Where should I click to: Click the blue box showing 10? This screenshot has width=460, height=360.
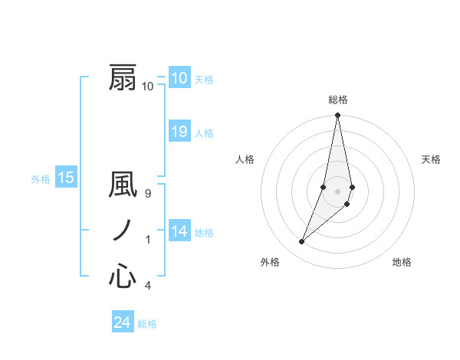[x=179, y=77]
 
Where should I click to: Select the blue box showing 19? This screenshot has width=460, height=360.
[x=179, y=132]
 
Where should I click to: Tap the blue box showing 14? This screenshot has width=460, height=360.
[x=179, y=231]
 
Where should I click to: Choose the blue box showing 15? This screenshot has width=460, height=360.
[x=66, y=178]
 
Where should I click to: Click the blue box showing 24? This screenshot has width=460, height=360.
[x=122, y=322]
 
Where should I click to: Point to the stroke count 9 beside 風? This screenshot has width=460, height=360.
[x=148, y=195]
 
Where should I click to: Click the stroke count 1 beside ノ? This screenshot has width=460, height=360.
[x=148, y=241]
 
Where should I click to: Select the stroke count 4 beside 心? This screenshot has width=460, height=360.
[x=148, y=286]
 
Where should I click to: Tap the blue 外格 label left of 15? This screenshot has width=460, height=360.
[x=41, y=179]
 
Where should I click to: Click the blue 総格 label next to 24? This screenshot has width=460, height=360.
[x=147, y=324]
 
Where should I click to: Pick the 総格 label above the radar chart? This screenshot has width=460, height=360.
[x=337, y=100]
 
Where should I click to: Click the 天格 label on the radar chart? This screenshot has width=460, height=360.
[x=431, y=159]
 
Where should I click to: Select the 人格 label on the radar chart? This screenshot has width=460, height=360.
[x=245, y=159]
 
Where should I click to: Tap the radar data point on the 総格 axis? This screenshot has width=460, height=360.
[x=337, y=116]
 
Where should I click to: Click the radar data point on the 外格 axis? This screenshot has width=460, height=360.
[x=301, y=242]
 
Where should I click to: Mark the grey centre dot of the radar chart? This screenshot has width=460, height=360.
[x=337, y=191]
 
